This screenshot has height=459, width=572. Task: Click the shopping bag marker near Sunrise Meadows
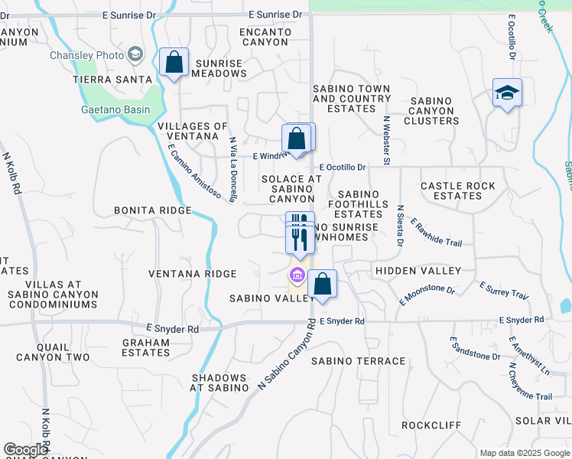174,63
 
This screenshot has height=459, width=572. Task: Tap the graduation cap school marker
507,93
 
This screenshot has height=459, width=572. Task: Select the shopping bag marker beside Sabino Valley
323,284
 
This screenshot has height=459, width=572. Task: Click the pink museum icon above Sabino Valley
296,274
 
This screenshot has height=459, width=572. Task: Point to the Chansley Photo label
86,55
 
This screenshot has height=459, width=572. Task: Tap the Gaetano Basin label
115,109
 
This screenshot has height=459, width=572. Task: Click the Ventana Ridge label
192,274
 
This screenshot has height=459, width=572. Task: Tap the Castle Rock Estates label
458,190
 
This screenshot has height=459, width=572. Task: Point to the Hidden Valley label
418,271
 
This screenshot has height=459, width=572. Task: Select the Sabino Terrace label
358,361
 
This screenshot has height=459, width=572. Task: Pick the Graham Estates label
145,348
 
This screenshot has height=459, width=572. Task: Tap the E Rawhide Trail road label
436,233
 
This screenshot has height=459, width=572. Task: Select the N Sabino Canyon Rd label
286,356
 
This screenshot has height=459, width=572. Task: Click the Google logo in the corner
25,450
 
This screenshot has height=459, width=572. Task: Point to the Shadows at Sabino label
219,382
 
